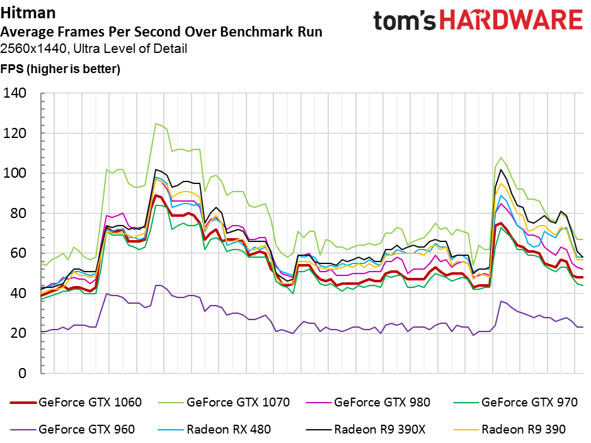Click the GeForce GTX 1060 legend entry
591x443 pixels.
pos(76,402)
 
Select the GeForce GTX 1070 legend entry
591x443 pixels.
pos(224,402)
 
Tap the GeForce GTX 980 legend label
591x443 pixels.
pos(382,402)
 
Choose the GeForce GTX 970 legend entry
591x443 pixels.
pos(515,402)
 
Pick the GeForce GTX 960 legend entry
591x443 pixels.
pos(72,429)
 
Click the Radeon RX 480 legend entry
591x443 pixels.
pos(214,429)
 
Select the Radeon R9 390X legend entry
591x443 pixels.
pos(365,429)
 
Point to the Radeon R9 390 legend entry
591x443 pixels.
pos(509,429)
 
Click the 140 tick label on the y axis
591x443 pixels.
pos(14,93)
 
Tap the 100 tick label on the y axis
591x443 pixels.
pos(14,173)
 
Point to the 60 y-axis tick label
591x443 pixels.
pos(18,253)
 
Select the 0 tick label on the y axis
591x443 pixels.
pos(22,373)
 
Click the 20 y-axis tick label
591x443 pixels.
pos(18,333)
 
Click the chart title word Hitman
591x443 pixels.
pos(28,13)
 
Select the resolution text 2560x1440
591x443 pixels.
pos(35,49)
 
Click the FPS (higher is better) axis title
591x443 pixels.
pos(60,69)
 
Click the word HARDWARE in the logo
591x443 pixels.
pos(512,20)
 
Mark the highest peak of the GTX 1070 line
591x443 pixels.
pos(156,124)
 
